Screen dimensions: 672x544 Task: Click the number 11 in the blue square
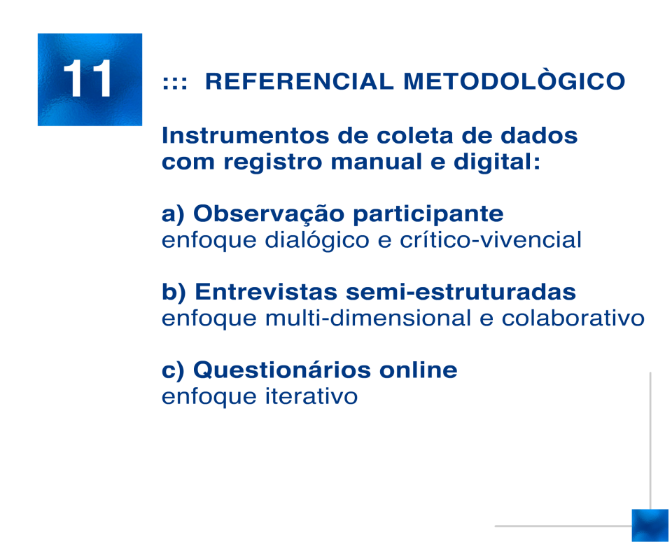click(88, 78)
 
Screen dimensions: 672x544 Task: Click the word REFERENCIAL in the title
click(299, 81)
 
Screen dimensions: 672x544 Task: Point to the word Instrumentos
click(246, 135)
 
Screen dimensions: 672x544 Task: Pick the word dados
click(539, 135)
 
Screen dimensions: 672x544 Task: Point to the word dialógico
click(317, 240)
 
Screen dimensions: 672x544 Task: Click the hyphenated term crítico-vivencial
click(491, 239)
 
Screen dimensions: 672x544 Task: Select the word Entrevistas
click(266, 293)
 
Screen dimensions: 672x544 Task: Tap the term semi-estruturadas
click(461, 293)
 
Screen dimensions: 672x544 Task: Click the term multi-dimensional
click(368, 318)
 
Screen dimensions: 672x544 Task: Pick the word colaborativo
click(573, 318)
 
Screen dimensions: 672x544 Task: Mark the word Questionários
click(282, 370)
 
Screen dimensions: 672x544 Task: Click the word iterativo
click(311, 396)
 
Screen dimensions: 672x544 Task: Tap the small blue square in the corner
click(650, 525)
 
